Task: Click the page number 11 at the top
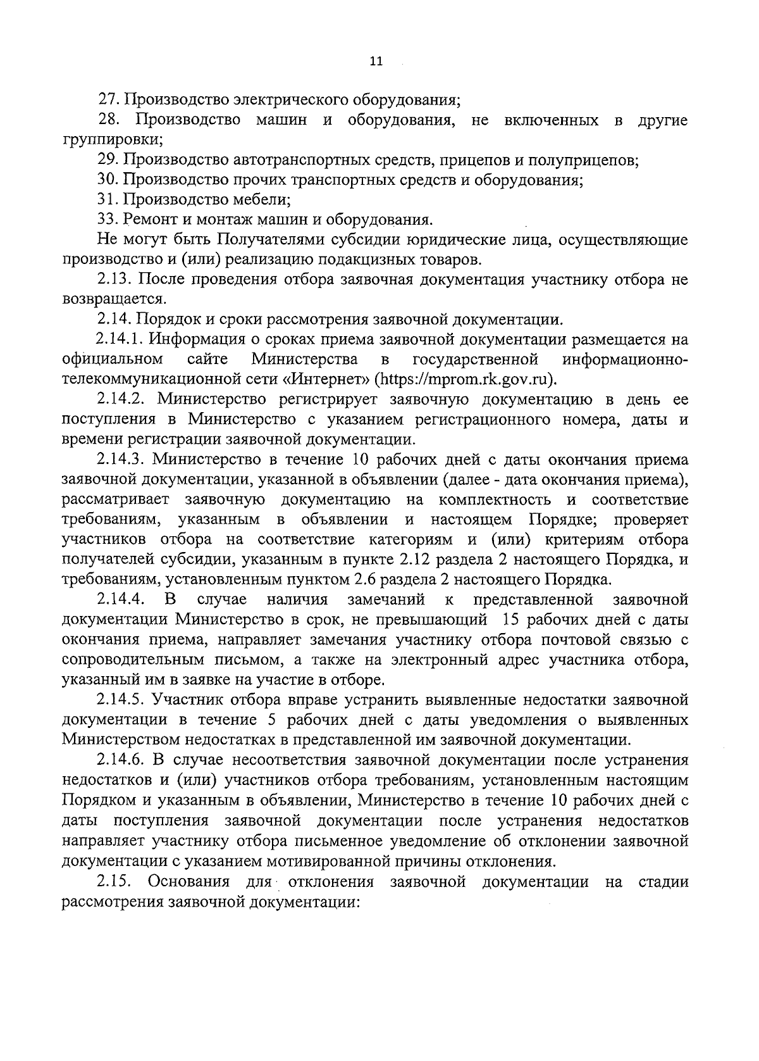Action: point(375,62)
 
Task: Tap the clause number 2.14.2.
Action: point(122,400)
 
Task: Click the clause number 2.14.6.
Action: point(122,760)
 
